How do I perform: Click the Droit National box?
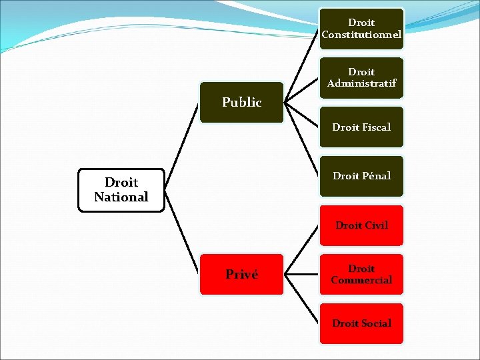coord(121,190)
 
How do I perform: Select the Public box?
coord(241,103)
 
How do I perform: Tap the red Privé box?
coord(241,274)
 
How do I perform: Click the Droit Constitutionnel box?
coord(361,29)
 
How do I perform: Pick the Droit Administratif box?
coord(361,78)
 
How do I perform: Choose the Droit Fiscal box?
coord(361,127)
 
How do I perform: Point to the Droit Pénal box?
coord(361,176)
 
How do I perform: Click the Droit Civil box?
coord(361,225)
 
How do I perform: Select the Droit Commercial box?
coord(361,274)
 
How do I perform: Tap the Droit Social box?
coord(361,323)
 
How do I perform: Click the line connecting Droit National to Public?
coord(183,147)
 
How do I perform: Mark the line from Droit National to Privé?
coord(183,233)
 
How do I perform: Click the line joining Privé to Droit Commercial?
coord(302,274)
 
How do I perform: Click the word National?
coord(121,197)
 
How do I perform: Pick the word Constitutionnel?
coord(361,35)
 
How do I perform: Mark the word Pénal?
coord(376,176)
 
